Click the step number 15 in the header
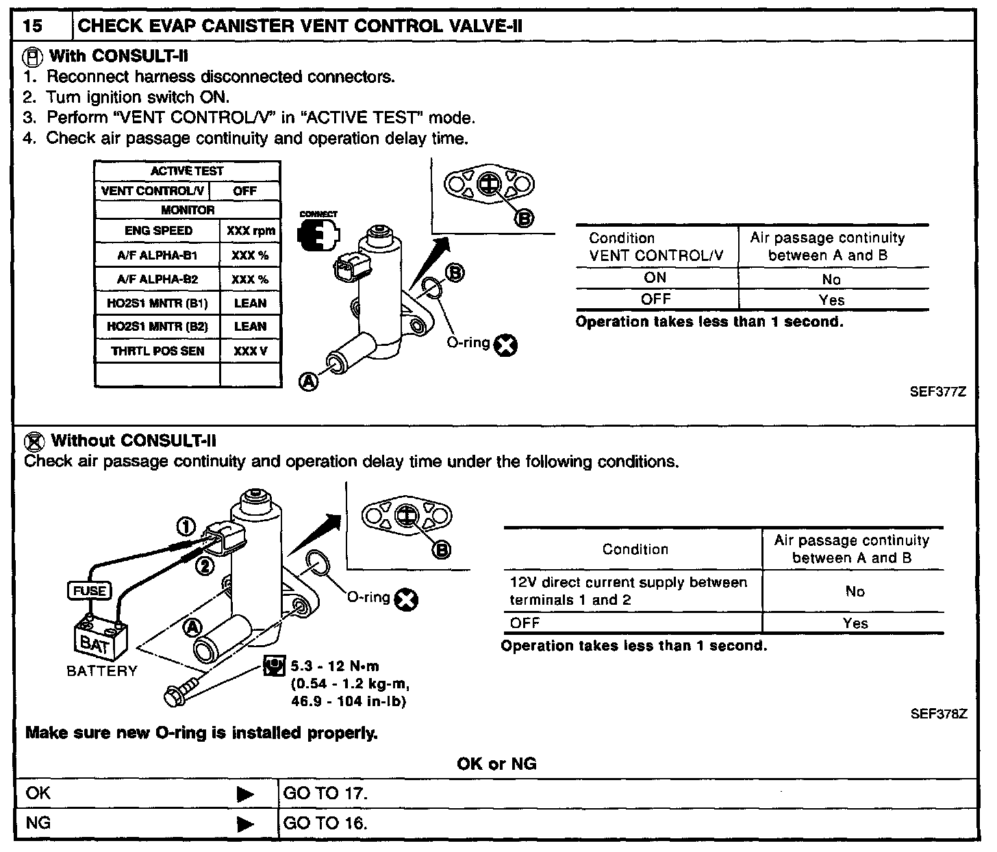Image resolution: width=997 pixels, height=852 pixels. (32, 27)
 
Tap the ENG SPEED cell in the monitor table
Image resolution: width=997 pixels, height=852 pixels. (158, 231)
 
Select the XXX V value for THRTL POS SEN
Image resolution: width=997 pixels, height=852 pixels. (250, 351)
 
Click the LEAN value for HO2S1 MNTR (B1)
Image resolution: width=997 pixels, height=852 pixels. (250, 303)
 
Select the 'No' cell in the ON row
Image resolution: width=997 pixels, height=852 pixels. (831, 279)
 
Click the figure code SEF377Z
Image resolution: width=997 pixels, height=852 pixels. (938, 392)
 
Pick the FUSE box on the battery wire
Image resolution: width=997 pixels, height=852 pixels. (89, 590)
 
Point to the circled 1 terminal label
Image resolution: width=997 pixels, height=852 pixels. (186, 526)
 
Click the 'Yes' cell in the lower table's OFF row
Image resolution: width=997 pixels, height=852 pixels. (855, 623)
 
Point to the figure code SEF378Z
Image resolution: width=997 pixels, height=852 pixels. (938, 714)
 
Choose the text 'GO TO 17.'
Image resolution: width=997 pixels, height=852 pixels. (325, 794)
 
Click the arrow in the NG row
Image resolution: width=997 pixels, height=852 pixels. (244, 823)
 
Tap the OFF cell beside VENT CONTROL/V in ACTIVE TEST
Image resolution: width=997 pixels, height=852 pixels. (244, 191)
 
